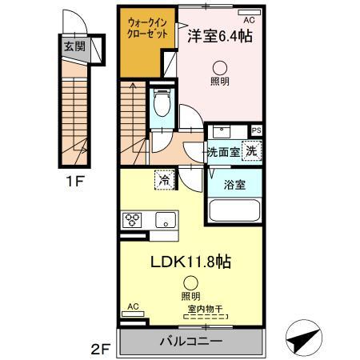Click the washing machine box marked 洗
(250, 150)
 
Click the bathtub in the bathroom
(234, 213)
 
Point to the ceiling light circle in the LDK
(190, 282)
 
